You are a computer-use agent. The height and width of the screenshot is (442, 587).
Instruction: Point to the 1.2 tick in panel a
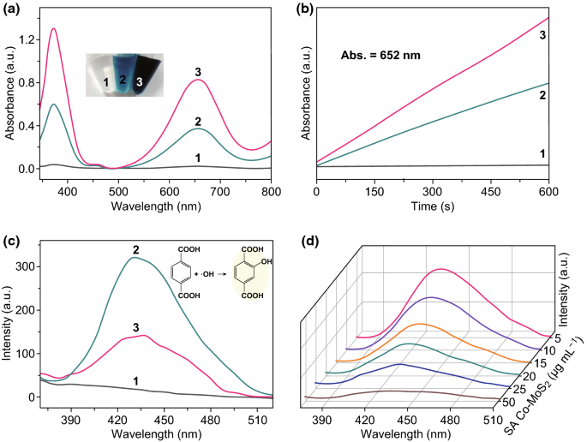coord(28,39)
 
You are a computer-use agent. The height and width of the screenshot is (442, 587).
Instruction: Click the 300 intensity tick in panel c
coord(27,266)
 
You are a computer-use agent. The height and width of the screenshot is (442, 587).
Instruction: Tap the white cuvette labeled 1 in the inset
coord(102,80)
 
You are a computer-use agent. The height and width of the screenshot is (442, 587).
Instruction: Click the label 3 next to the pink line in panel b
coord(542,35)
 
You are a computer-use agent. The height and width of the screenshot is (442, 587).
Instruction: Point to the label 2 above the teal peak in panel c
coord(134,250)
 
